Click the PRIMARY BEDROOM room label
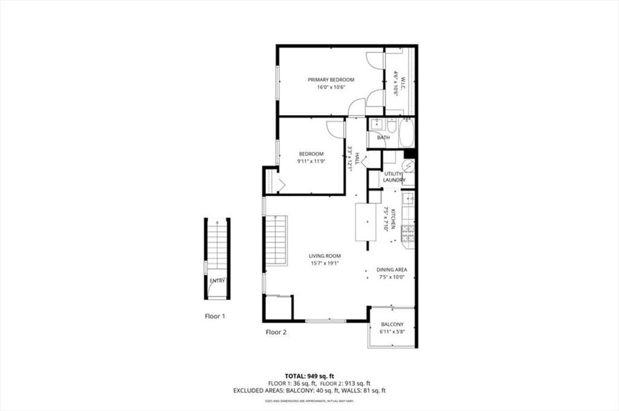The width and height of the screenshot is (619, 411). [331, 80]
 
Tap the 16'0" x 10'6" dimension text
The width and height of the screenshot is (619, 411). [331, 88]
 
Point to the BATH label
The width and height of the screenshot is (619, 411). [383, 138]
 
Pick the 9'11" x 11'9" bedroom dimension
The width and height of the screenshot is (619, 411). [311, 161]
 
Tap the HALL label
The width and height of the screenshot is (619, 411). [357, 158]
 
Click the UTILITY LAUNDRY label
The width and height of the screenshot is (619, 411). [394, 177]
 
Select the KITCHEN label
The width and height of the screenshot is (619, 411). [393, 218]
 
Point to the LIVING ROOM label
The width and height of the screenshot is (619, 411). [325, 256]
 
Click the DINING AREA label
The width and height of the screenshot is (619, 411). [392, 270]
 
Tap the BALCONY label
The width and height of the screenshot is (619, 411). [392, 324]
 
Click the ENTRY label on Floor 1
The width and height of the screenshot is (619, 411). [217, 281]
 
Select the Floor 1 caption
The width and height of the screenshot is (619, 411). [215, 316]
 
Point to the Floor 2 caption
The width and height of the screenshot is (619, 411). [276, 332]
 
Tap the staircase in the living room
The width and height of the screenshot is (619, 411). [276, 240]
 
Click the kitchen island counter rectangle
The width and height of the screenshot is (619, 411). [365, 222]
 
